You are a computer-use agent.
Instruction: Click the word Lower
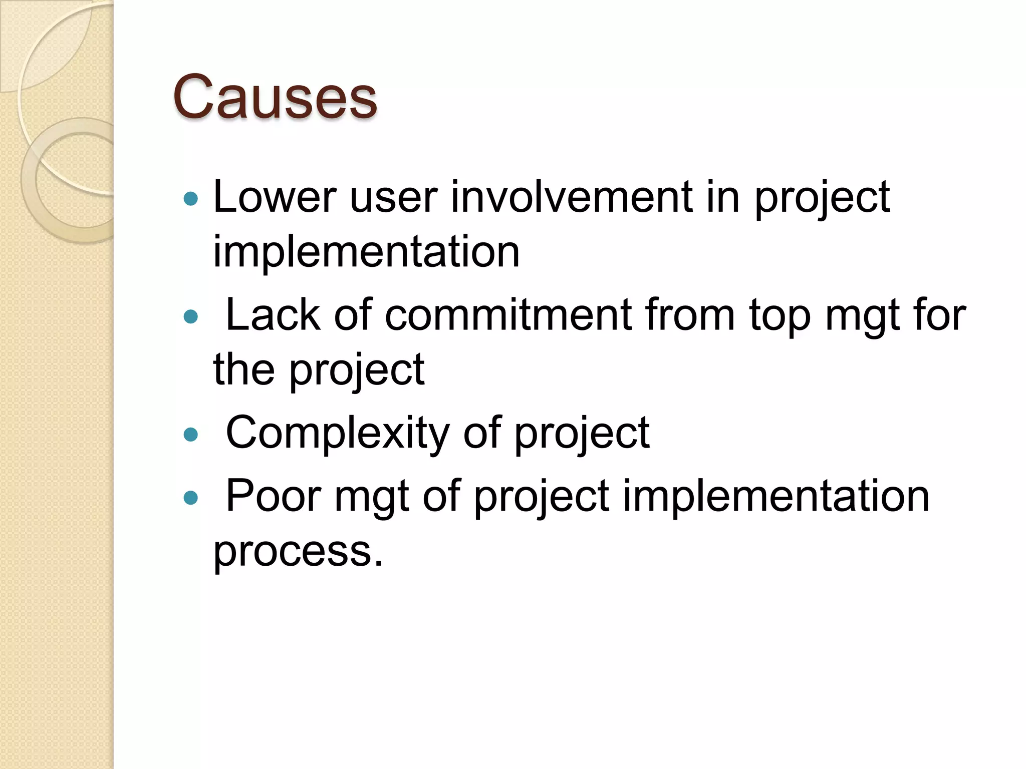(x=275, y=197)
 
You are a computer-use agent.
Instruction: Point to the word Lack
(x=273, y=315)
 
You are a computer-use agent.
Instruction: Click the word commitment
(x=508, y=315)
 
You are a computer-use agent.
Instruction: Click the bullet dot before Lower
(x=191, y=199)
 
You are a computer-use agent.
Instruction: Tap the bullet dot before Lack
(x=191, y=316)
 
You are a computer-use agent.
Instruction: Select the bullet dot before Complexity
(x=191, y=434)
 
